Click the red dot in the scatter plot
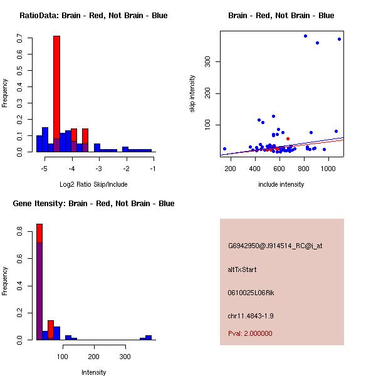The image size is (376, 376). click(x=288, y=138)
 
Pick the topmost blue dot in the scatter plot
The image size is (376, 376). click(x=305, y=36)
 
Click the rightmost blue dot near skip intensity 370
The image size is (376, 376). click(x=339, y=39)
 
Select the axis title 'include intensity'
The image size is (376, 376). click(x=281, y=184)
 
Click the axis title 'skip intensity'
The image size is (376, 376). click(x=192, y=94)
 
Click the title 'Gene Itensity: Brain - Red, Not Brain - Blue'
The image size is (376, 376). click(x=93, y=203)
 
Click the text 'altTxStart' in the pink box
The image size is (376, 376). click(x=242, y=269)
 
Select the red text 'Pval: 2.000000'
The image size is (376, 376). click(x=250, y=333)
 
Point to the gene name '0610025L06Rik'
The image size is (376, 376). click(x=251, y=293)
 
